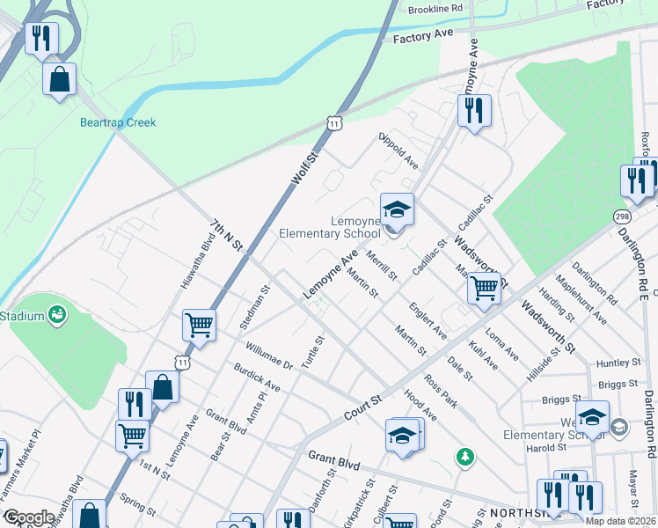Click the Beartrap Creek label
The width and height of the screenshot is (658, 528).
coord(118,122)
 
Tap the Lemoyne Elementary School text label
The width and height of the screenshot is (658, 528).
coord(330,227)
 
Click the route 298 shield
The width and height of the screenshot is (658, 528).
coord(623,216)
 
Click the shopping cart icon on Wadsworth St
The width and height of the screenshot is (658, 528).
coord(484,288)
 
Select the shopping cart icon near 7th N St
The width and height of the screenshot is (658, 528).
coord(200,325)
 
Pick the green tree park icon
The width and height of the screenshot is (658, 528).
coord(464,457)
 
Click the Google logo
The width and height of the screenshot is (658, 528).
coord(28,517)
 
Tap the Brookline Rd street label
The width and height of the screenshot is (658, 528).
coord(435,8)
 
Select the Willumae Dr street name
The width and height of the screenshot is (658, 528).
coord(268,357)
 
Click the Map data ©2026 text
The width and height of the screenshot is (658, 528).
coord(621,521)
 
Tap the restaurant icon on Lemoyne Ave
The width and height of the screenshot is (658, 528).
coord(473,110)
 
